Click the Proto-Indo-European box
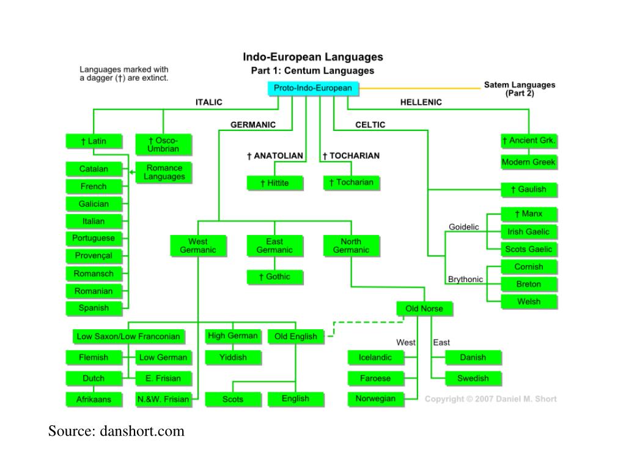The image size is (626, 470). (x=312, y=88)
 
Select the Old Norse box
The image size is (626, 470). (x=424, y=308)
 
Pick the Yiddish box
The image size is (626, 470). (x=232, y=357)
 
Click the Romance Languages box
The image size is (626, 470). (x=164, y=173)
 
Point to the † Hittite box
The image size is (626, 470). (x=274, y=183)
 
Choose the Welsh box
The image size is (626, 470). (x=529, y=302)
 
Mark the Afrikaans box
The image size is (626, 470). (x=93, y=400)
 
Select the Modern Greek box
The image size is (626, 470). (x=528, y=163)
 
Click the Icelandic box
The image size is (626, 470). (x=375, y=357)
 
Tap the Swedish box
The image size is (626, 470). (x=473, y=378)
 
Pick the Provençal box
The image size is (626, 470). (x=93, y=256)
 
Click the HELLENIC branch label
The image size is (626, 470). (x=421, y=103)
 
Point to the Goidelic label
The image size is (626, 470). (x=464, y=227)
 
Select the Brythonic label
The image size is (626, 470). (x=465, y=280)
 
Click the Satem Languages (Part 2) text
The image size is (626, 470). (x=519, y=89)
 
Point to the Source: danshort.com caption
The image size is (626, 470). (x=116, y=431)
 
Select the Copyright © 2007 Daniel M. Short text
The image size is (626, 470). (x=490, y=399)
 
